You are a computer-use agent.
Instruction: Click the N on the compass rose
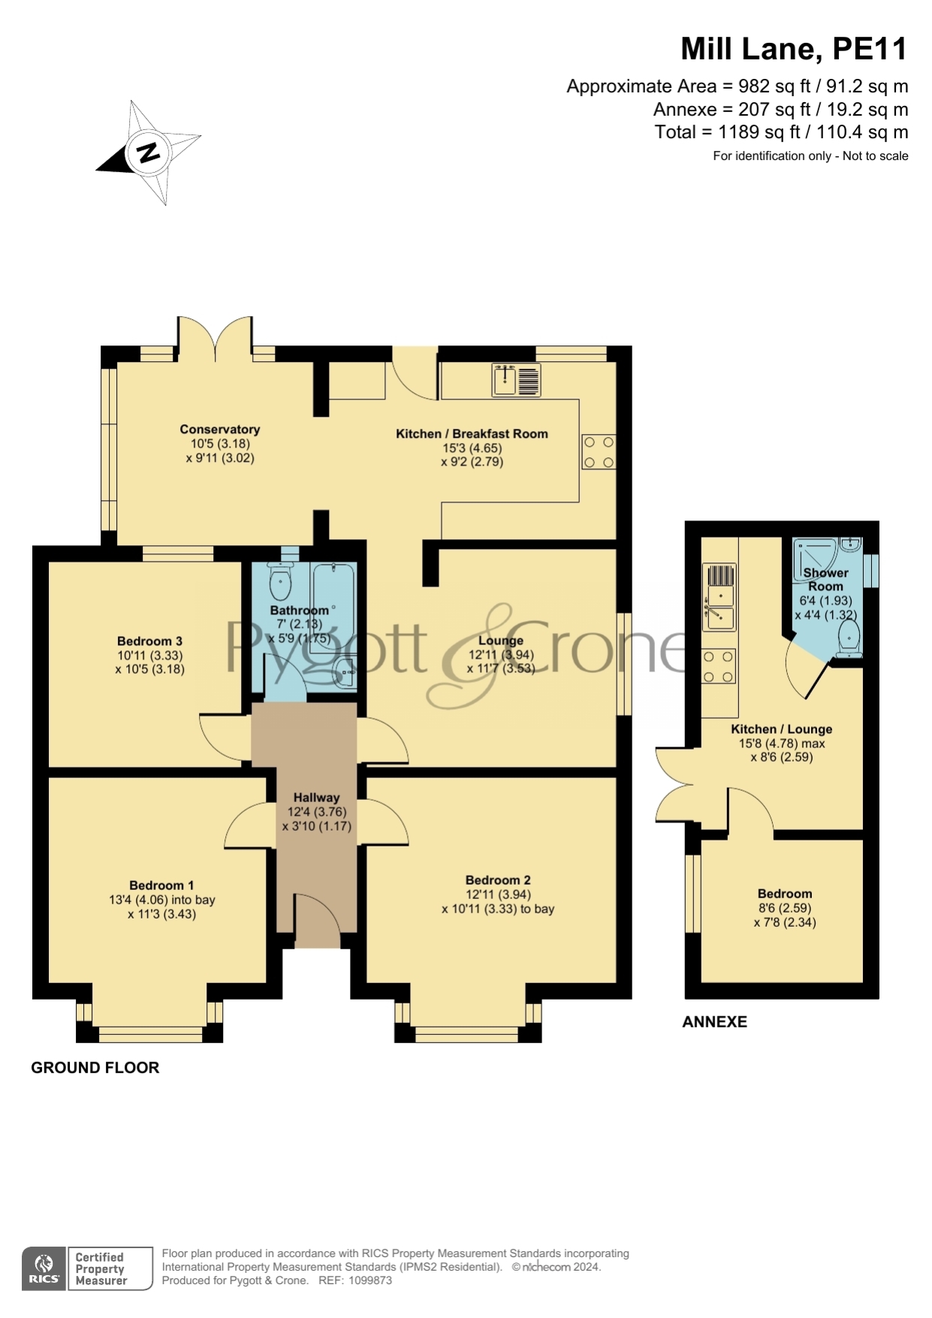point(149,152)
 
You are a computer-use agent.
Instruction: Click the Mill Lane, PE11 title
point(794,49)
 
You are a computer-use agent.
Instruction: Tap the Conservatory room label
point(220,430)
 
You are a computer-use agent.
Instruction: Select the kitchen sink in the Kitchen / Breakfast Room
point(517,379)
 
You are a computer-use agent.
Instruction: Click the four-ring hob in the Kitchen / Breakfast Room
point(599,452)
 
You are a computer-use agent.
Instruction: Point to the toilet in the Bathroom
point(280,581)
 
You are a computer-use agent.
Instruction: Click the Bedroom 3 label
point(149,641)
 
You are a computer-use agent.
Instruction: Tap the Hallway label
point(316,798)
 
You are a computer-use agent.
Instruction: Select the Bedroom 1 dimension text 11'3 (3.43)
point(161,914)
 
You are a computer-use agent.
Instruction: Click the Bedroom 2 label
point(498,880)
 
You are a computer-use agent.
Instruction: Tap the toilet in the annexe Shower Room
point(849,639)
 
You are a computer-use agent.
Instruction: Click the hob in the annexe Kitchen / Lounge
point(719,666)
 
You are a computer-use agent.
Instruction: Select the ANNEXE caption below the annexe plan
point(714,1022)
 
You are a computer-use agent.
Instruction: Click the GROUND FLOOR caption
point(95,1068)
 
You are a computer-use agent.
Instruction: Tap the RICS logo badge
point(44,1268)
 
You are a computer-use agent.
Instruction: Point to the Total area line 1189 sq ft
point(781,132)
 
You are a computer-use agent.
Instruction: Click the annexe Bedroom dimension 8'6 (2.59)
point(785,908)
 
